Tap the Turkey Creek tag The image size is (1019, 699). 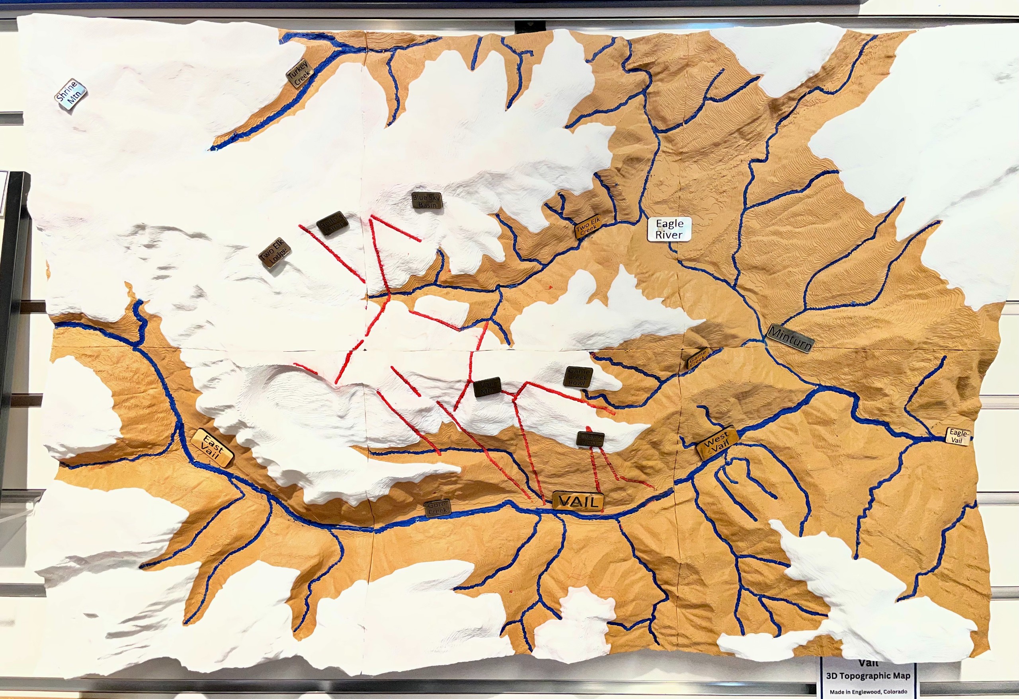click(x=300, y=74)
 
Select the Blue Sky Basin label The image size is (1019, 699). click(x=427, y=201)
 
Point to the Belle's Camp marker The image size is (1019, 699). click(x=332, y=224)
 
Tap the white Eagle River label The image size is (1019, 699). click(x=670, y=229)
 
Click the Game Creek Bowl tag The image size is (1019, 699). click(x=578, y=377)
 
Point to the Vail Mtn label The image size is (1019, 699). click(x=487, y=387)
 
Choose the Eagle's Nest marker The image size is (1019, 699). click(x=591, y=438)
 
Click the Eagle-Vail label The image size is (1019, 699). click(x=958, y=436)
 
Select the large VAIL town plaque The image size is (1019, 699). click(x=578, y=500)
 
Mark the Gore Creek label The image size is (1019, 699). click(x=437, y=508)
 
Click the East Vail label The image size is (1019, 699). click(x=213, y=448)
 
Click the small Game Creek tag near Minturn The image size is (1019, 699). click(x=697, y=359)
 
